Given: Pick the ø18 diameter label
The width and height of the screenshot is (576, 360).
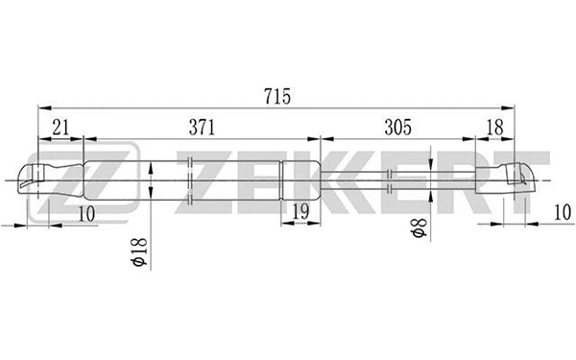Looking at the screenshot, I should pos(139,252).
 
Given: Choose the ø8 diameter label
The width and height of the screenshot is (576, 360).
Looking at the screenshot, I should pos(416,230).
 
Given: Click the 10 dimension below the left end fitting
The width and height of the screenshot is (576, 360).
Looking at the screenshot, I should pos(87,215).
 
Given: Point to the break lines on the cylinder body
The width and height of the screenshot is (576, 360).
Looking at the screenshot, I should pos(192,179).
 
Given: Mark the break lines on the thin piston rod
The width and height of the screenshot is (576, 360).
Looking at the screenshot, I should pos(390,178).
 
